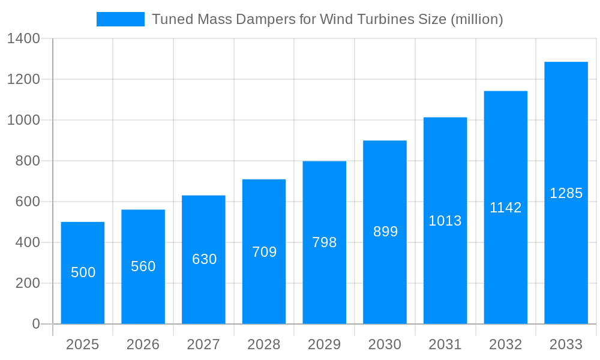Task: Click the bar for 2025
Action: click(83, 273)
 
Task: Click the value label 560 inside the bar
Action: click(143, 266)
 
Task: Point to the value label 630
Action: click(204, 259)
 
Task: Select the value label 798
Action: click(325, 242)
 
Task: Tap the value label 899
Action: click(385, 232)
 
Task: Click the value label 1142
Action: click(506, 208)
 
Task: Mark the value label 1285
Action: click(566, 193)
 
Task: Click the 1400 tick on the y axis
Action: click(23, 39)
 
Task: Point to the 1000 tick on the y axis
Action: click(23, 120)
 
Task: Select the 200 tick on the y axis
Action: click(28, 283)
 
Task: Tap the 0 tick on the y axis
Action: click(36, 324)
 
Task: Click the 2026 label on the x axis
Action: click(143, 344)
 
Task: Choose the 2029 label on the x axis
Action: click(325, 344)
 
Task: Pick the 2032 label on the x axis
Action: click(506, 344)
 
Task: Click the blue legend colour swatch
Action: click(121, 19)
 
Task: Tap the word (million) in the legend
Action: click(476, 19)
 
